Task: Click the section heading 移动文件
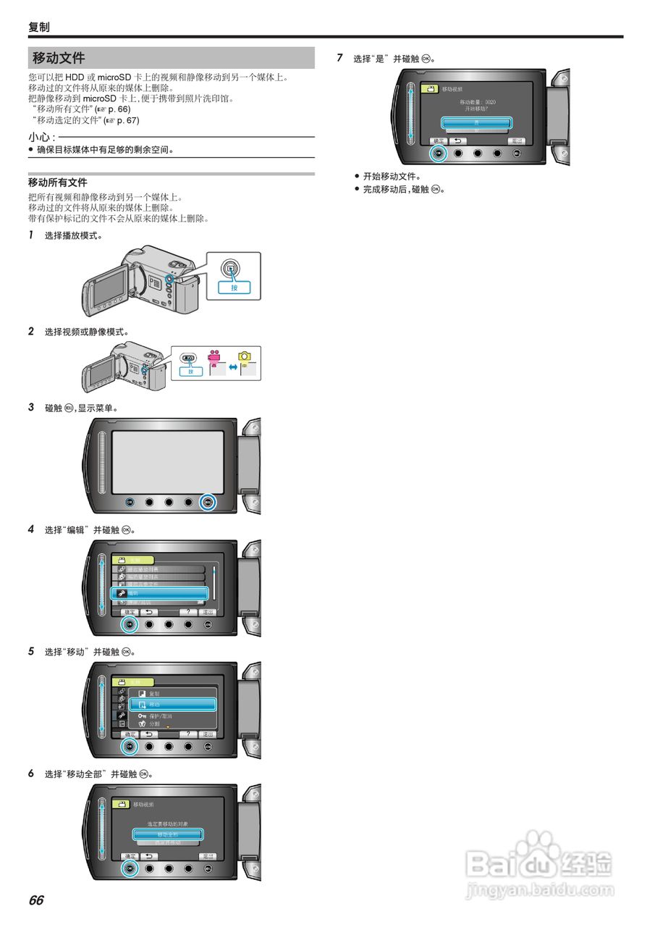click(x=59, y=58)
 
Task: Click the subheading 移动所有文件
click(x=57, y=183)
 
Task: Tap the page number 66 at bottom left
click(x=36, y=900)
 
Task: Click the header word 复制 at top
click(x=39, y=27)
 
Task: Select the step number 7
click(x=340, y=58)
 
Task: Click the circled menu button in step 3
click(x=208, y=502)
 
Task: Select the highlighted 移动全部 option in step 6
click(x=167, y=834)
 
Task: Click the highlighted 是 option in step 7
click(x=477, y=122)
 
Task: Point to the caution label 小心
click(x=41, y=137)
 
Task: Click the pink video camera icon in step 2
click(x=214, y=358)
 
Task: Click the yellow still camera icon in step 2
click(x=246, y=356)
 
